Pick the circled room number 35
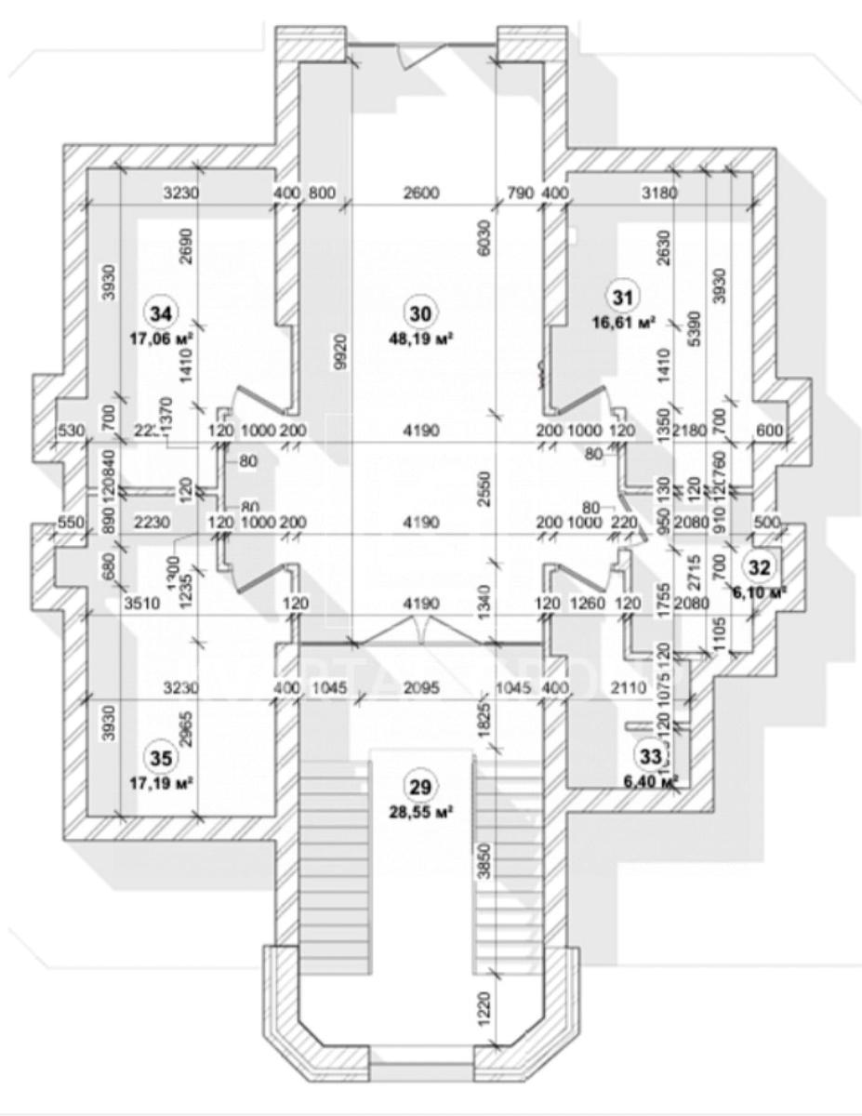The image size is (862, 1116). pyautogui.click(x=161, y=758)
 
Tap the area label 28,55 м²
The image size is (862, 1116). pyautogui.click(x=421, y=812)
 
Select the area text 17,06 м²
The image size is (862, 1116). pyautogui.click(x=162, y=339)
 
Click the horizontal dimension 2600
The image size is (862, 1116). pyautogui.click(x=419, y=193)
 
